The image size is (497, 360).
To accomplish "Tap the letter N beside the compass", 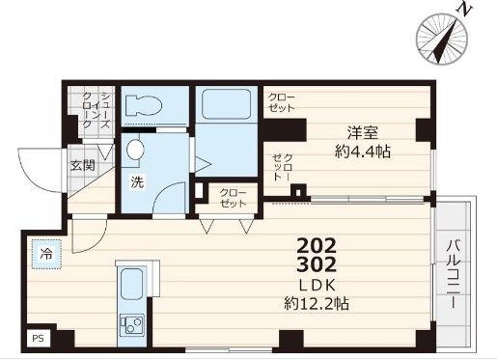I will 466,11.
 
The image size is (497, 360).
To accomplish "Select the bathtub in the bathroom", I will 226,106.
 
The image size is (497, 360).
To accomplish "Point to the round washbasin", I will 134,150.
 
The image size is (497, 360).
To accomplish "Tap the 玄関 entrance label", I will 81,165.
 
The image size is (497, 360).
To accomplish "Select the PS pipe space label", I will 38,339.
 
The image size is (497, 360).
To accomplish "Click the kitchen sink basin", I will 130,285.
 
